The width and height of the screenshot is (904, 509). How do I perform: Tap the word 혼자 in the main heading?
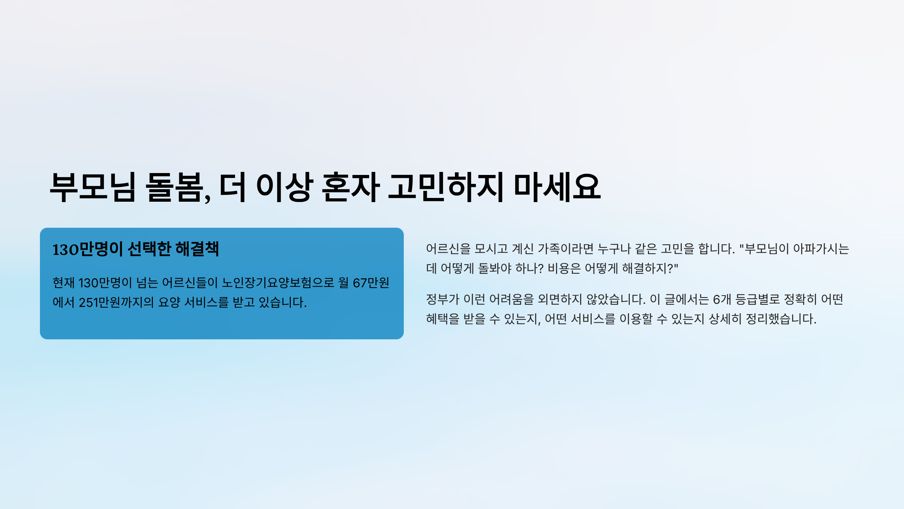tap(351, 187)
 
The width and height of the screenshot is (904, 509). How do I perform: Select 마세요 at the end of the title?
tap(557, 187)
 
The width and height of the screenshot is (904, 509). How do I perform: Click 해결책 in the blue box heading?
tap(197, 249)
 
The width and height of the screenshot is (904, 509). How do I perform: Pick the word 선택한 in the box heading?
tap(150, 249)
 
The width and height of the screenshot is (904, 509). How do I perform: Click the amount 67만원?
tap(371, 283)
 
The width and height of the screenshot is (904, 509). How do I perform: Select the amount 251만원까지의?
tap(116, 302)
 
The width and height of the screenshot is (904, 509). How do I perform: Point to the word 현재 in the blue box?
tap(64, 283)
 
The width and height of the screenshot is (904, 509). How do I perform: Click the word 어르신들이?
tap(190, 283)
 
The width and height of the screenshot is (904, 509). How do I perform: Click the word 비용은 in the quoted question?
tap(564, 268)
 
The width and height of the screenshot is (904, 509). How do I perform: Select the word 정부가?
tap(443, 299)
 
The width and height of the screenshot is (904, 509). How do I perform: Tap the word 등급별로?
tap(757, 299)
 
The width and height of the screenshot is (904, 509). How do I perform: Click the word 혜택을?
tap(443, 319)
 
